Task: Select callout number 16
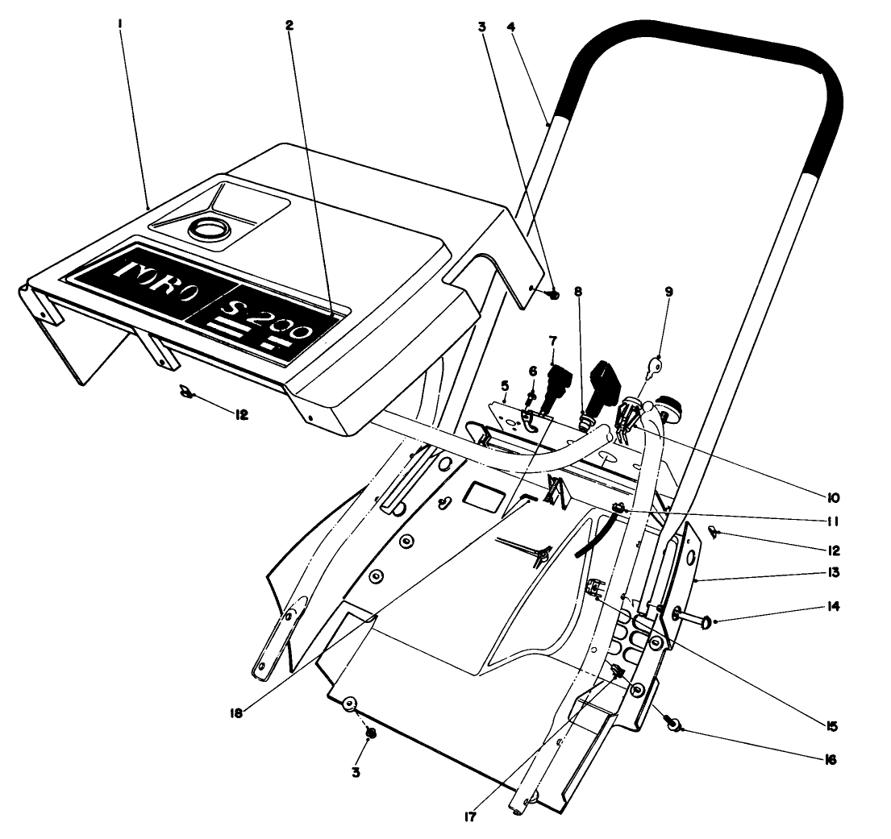(831, 759)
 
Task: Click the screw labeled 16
(671, 724)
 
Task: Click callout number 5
(504, 384)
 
